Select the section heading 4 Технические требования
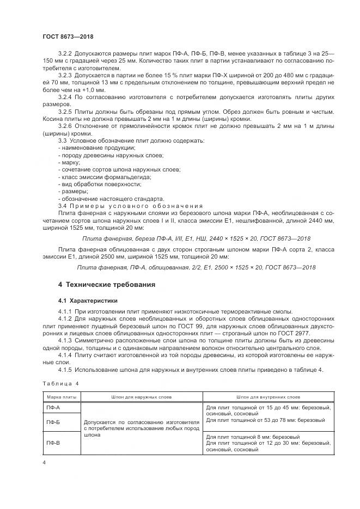[107, 284]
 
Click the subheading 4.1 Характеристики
[89, 300]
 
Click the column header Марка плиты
[61, 397]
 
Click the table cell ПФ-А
[54, 407]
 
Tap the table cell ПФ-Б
[54, 421]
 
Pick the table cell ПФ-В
[54, 442]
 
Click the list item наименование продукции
[96, 148]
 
